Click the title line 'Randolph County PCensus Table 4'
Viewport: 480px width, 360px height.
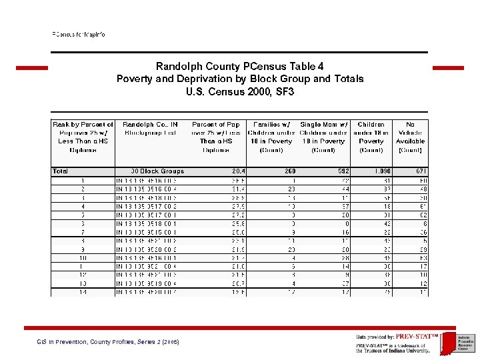tap(240, 67)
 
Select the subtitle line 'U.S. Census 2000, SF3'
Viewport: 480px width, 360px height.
tap(240, 91)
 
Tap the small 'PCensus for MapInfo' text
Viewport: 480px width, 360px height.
tap(79, 34)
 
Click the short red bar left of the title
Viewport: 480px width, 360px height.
tap(32, 67)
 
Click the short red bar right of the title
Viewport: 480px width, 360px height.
tap(448, 67)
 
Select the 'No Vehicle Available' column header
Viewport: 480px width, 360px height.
tap(410, 137)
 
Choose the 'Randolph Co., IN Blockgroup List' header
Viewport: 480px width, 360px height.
tap(150, 129)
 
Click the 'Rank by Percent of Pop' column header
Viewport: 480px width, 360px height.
tap(83, 137)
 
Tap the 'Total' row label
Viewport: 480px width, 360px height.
tap(61, 171)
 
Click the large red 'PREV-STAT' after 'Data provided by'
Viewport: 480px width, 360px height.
tap(417, 337)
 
